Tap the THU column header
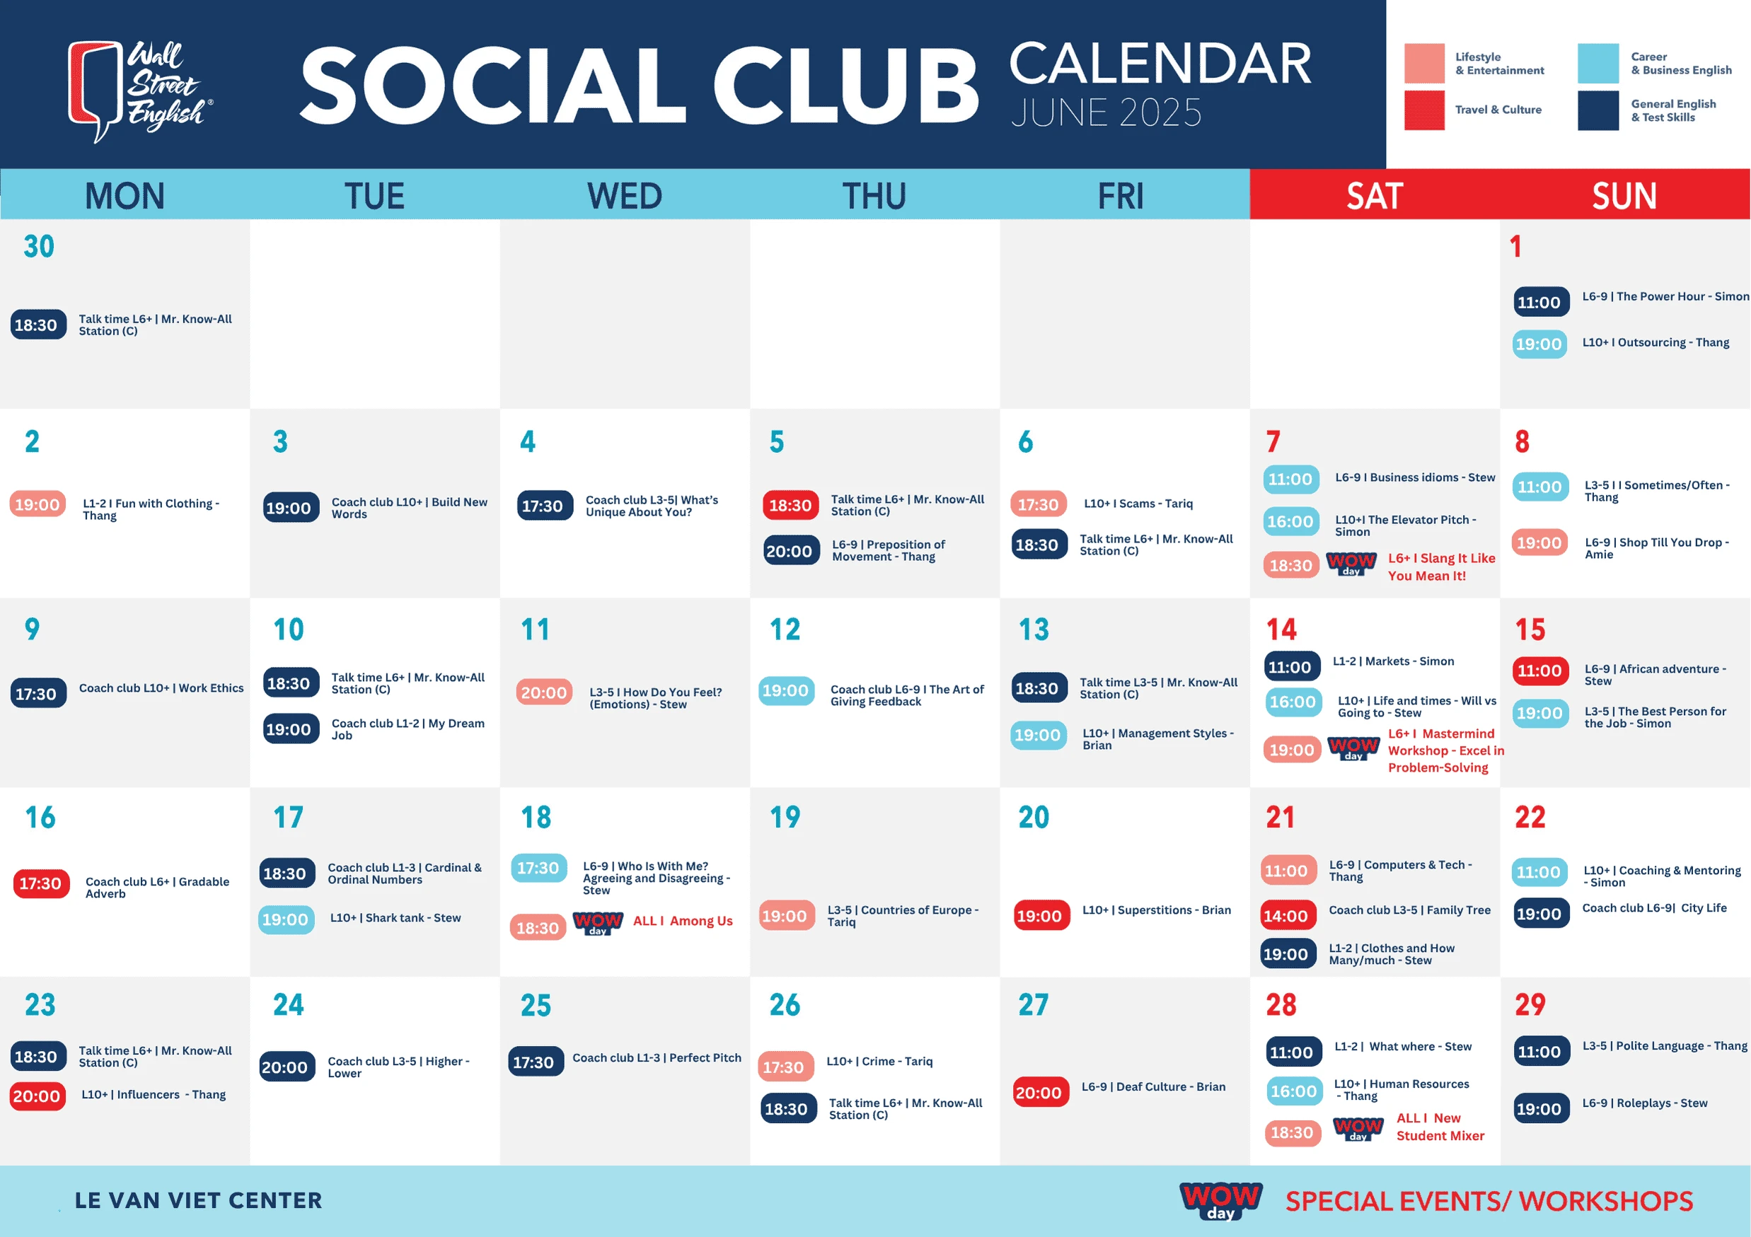click(x=874, y=196)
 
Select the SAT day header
click(x=1374, y=196)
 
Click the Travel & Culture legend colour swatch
click(x=1424, y=110)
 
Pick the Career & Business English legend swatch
click(x=1597, y=63)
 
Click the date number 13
click(x=1034, y=629)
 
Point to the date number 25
click(x=536, y=1005)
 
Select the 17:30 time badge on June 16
click(x=40, y=883)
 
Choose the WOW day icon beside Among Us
click(x=598, y=923)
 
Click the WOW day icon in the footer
click(x=1220, y=1200)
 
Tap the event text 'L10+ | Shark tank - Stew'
click(x=395, y=917)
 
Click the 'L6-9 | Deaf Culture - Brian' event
click(x=1153, y=1087)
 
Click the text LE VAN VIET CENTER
click(x=198, y=1200)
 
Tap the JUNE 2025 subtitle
click(x=1106, y=112)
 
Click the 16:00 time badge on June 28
click(x=1293, y=1091)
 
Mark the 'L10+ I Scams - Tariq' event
click(x=1138, y=504)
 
